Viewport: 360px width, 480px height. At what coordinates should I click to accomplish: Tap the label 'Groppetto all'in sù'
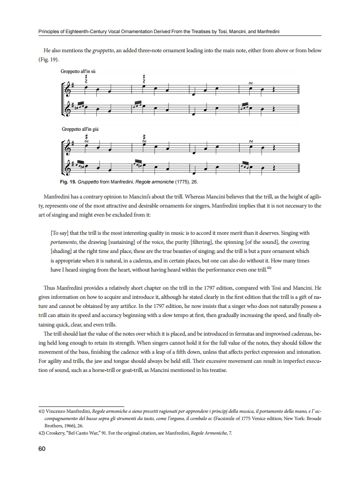pyautogui.click(x=78, y=72)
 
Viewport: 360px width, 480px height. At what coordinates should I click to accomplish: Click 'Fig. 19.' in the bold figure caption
pyautogui.click(x=68, y=182)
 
